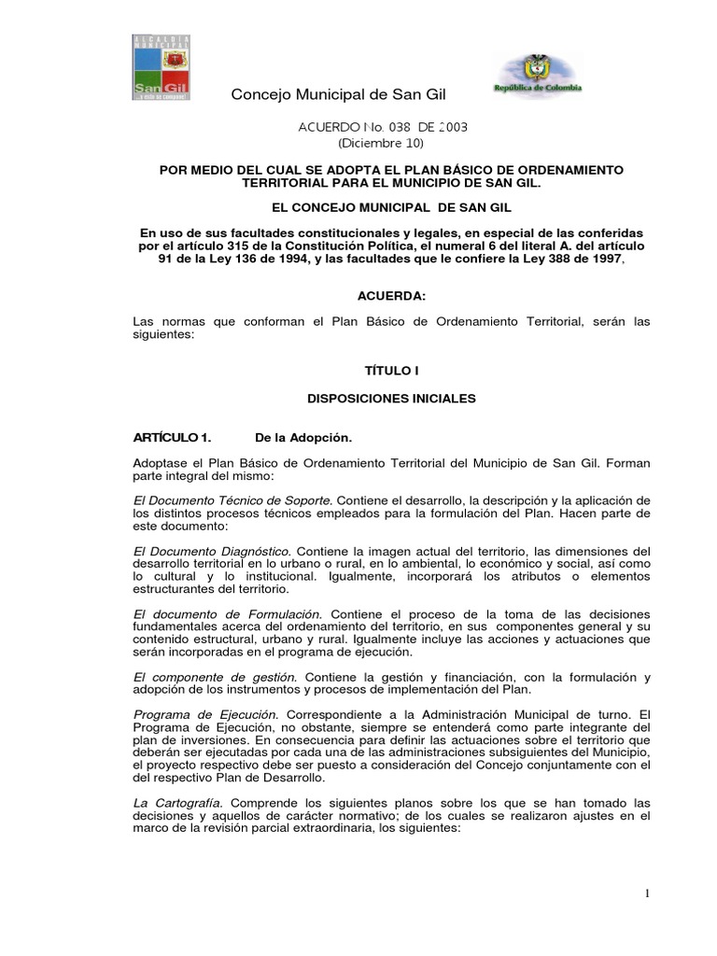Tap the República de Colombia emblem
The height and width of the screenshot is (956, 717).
538,75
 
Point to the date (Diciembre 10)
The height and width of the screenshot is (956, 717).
380,143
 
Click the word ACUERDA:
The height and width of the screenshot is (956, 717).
392,296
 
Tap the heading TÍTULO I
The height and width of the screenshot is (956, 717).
391,371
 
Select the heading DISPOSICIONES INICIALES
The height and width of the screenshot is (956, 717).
391,399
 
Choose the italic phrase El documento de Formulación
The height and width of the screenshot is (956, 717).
229,613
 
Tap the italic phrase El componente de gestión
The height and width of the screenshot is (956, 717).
216,677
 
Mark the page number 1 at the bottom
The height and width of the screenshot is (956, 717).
646,893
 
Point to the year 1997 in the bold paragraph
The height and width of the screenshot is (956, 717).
601,259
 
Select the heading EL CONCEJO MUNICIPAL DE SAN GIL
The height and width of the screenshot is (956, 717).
391,206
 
